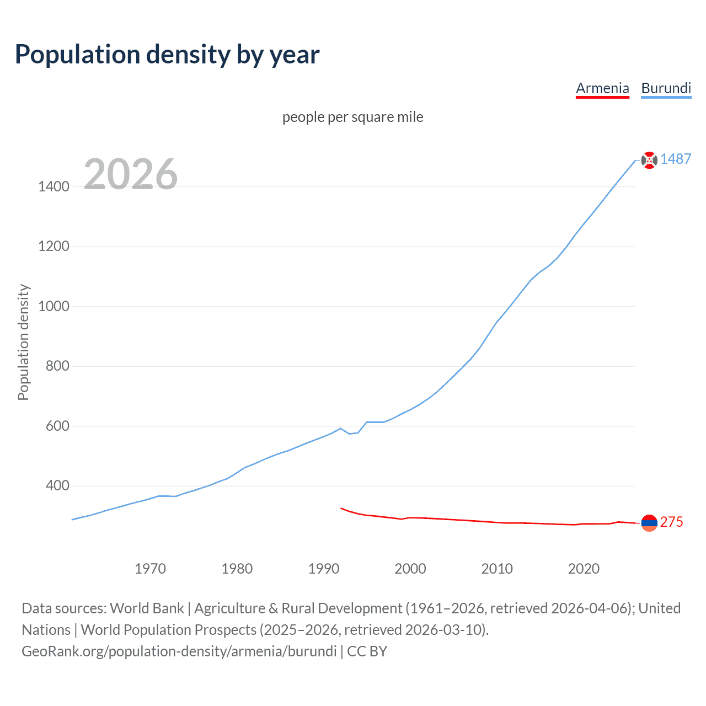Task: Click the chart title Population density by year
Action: (x=167, y=55)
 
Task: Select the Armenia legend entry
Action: (x=602, y=88)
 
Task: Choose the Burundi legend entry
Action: (x=666, y=88)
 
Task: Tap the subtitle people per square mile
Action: (x=352, y=117)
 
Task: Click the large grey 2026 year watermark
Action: (x=131, y=174)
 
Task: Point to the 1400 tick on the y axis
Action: (x=54, y=186)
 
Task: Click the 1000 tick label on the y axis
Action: (x=54, y=306)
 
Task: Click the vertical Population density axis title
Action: (x=23, y=342)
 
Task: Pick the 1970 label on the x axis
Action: (x=150, y=569)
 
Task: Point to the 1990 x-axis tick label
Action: (x=324, y=569)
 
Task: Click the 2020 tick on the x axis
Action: (x=584, y=569)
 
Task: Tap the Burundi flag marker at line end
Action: (x=649, y=160)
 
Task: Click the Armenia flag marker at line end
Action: (x=649, y=522)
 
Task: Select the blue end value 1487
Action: (x=676, y=159)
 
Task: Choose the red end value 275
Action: (x=671, y=522)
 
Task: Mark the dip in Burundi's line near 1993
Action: (x=349, y=434)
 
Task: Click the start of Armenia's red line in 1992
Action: (x=341, y=508)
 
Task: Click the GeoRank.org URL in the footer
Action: (x=179, y=651)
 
